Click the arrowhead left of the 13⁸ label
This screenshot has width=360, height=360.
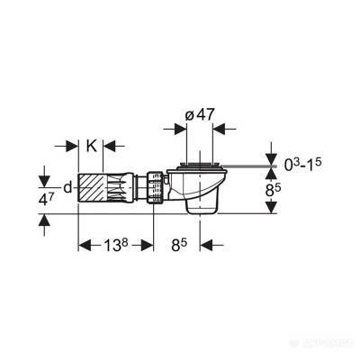[86, 244]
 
